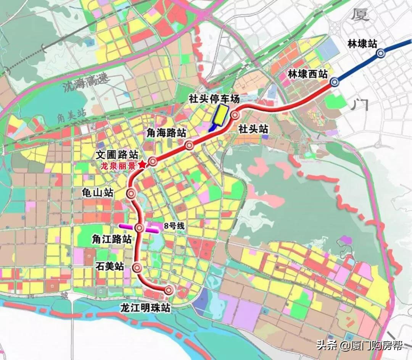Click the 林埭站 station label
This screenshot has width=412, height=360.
362,44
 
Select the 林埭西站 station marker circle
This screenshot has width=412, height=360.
335,82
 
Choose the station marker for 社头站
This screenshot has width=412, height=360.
235,115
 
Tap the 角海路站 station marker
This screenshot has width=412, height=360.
189,145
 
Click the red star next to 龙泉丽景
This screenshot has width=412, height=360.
142,165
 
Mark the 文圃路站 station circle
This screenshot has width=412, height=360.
153,161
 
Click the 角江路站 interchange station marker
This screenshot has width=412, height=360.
140,228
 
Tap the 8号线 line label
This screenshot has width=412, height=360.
174,226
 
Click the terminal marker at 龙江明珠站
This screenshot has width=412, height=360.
169,291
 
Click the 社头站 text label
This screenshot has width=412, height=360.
253,129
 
